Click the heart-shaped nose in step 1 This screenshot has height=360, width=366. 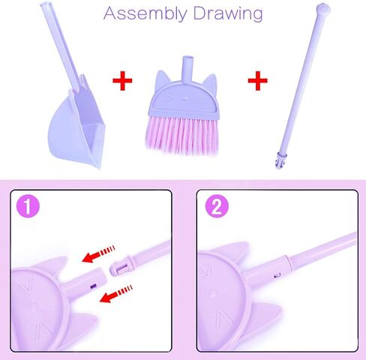[x=35, y=307]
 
